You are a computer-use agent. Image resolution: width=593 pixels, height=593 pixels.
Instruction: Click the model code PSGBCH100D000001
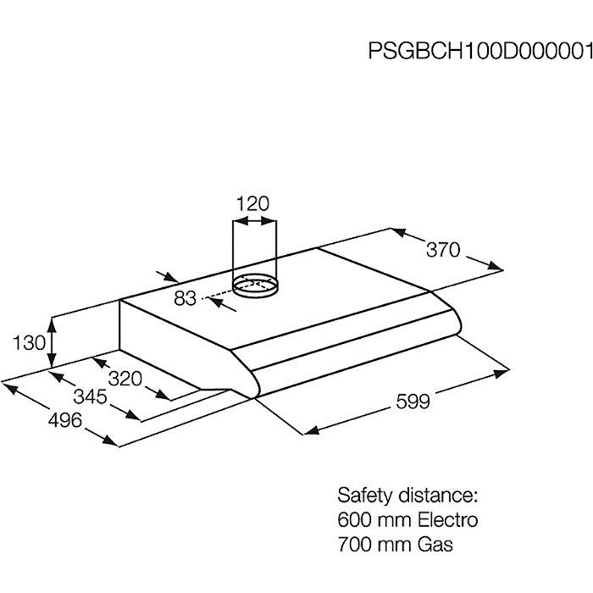tap(479, 49)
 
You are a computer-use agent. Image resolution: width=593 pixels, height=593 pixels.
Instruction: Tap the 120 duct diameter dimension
tap(252, 203)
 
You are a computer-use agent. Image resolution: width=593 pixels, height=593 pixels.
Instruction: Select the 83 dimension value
tap(186, 297)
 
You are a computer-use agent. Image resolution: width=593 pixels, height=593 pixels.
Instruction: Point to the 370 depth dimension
tap(442, 250)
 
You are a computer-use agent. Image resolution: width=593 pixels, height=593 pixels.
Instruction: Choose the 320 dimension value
tap(125, 379)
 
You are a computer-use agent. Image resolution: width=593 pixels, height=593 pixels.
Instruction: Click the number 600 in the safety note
tap(354, 519)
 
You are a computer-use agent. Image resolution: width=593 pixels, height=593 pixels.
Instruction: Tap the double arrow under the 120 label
tap(254, 222)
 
